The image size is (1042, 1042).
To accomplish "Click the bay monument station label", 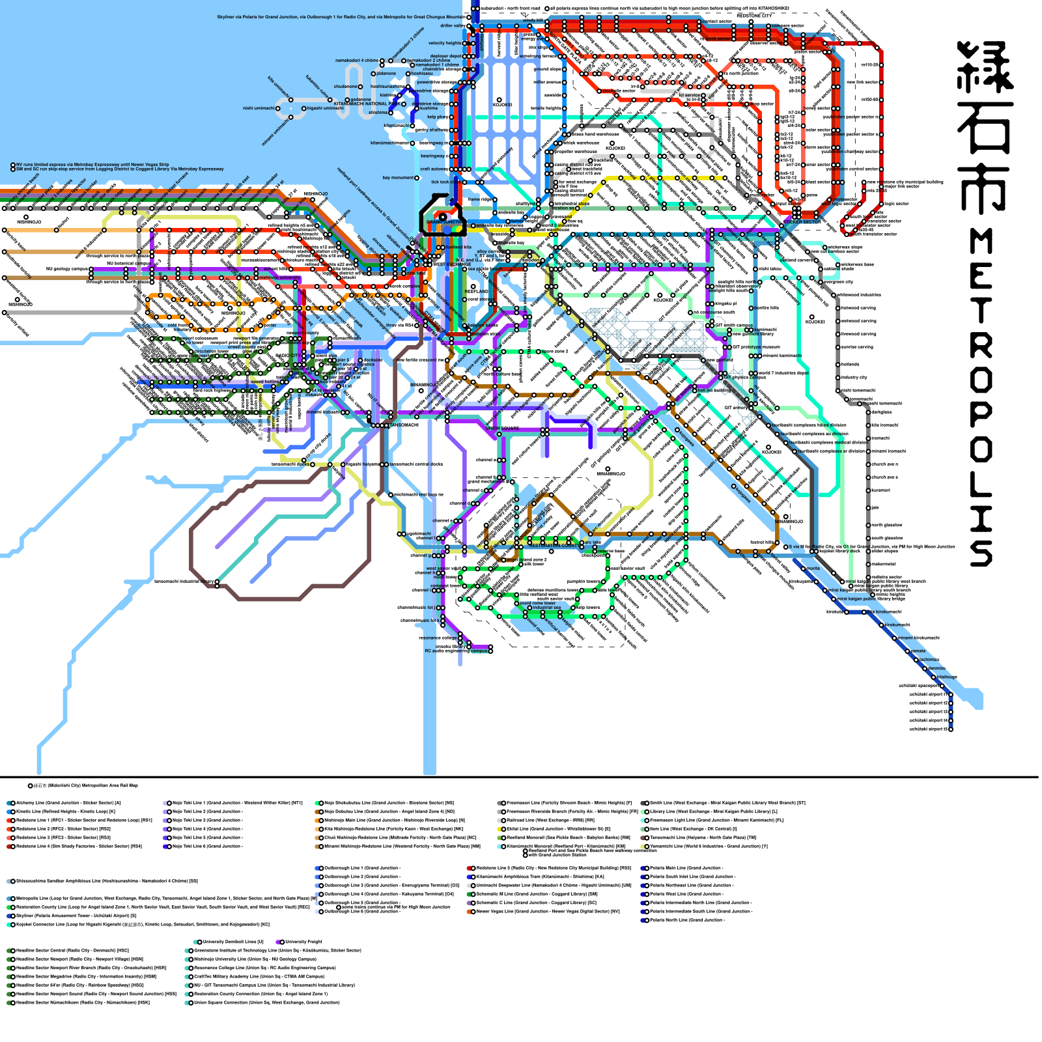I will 397,178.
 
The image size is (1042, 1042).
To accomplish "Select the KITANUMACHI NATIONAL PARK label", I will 367,104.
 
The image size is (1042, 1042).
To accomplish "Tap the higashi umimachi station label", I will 324,108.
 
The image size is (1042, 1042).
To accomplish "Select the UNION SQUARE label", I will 502,429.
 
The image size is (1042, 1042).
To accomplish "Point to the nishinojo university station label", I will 280,277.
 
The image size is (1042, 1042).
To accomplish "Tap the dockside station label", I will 372,359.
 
